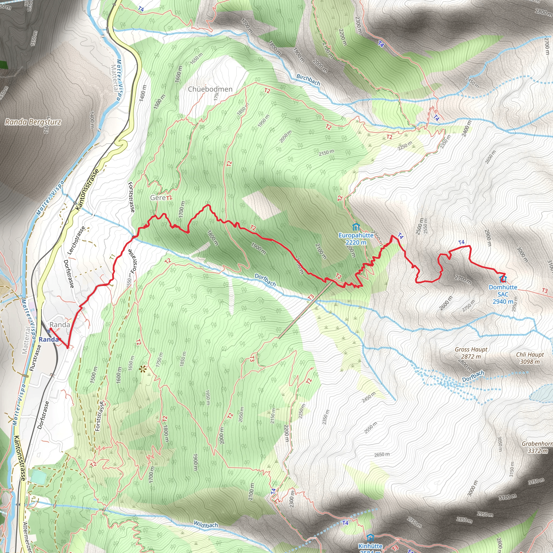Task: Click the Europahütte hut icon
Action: point(356,227)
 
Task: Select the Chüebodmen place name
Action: point(210,89)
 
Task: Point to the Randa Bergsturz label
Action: point(33,122)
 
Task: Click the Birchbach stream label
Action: point(308,80)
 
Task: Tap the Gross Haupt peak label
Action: point(471,349)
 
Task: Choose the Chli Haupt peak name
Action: point(530,355)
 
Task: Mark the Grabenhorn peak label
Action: point(537,444)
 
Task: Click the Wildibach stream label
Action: point(206,525)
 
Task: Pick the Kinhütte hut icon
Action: point(370,537)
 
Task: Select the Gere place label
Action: point(158,197)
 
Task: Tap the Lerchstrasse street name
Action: point(76,240)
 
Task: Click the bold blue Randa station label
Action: point(49,339)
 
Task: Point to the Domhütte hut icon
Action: point(503,278)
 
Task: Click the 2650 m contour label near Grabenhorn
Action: point(382,454)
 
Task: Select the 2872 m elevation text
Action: point(471,357)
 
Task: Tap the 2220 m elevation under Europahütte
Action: point(356,242)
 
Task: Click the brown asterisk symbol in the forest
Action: point(142,369)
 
